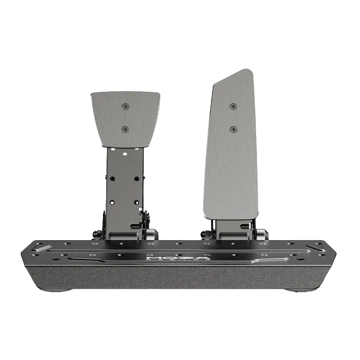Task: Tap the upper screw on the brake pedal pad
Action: pos(125,106)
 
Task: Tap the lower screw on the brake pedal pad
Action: pos(125,129)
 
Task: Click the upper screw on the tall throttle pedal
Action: pos(233,107)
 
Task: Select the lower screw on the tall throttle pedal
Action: pos(233,129)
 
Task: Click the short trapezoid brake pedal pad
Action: pos(125,119)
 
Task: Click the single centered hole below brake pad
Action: pos(125,153)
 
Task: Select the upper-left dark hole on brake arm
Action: pos(112,178)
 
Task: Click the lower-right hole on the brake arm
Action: pos(136,203)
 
